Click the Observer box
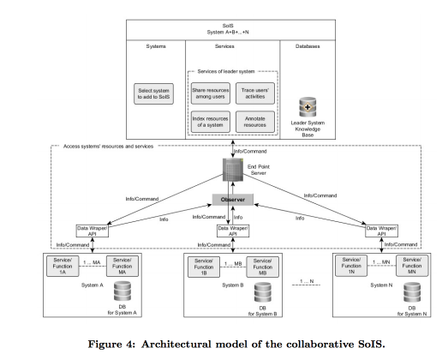233,200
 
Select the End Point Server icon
233,170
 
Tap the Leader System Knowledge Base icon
308,107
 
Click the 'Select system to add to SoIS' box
153,93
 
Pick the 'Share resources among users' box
211,93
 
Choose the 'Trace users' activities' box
255,93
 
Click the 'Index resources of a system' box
211,122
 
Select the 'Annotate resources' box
255,122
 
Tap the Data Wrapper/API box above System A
93,231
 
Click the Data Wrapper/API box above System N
381,231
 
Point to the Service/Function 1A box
63,267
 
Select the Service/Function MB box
263,267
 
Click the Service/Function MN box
412,266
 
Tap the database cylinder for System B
263,292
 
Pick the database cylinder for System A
122,291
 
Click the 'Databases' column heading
308,46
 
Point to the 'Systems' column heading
156,46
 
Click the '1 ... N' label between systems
307,281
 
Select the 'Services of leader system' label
226,71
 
